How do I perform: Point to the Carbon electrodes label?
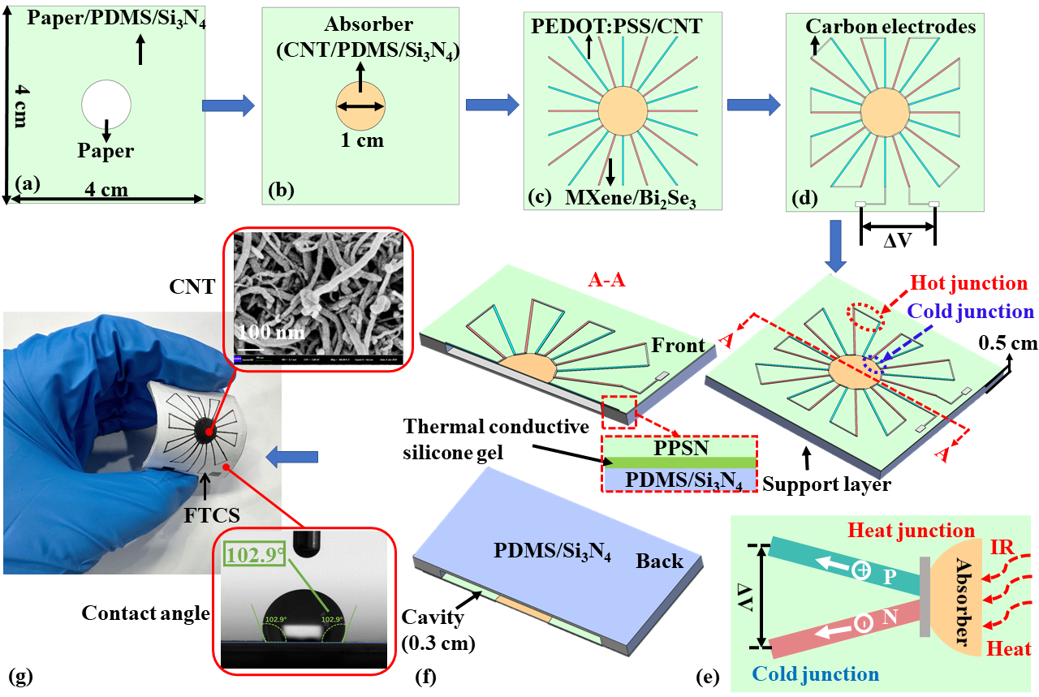890,27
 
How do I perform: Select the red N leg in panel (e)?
844,626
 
